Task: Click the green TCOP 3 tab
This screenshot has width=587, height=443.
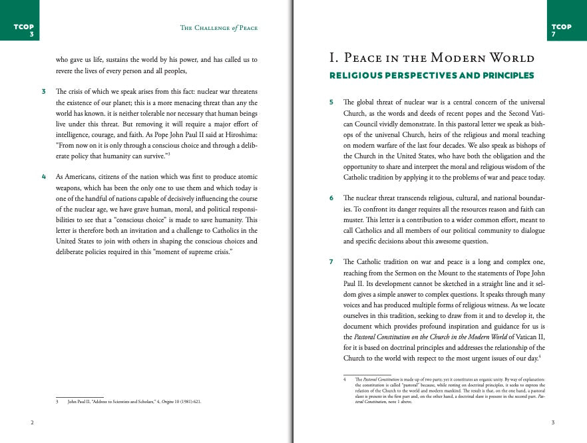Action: point(23,30)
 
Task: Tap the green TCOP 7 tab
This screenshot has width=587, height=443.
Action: point(562,30)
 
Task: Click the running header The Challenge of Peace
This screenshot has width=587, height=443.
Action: point(219,28)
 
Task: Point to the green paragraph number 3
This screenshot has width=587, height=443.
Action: point(43,91)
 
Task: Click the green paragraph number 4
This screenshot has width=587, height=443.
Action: point(43,177)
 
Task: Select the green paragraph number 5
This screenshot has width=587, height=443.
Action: point(331,102)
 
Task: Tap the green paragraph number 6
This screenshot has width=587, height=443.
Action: point(331,199)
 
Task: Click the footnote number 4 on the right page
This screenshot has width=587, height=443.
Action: point(345,380)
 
